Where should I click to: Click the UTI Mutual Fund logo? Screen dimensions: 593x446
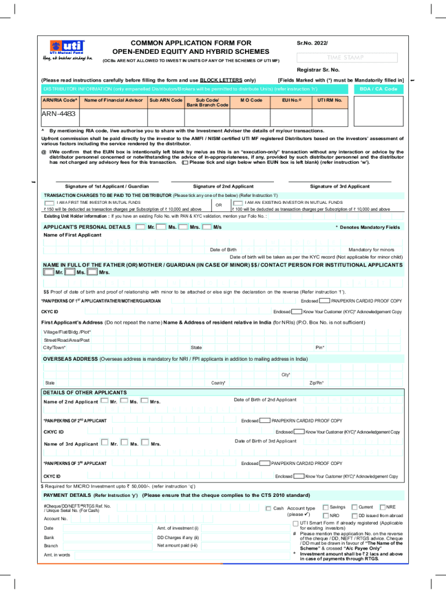pos(68,50)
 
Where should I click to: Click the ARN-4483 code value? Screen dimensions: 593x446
pos(58,114)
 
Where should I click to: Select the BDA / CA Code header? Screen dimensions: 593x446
pos(378,89)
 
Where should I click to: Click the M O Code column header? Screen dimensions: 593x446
pos(251,100)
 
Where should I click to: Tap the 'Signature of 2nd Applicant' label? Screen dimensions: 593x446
pos(223,186)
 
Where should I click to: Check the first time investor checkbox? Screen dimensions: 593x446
pos(50,203)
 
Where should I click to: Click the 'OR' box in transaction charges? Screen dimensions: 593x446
pos(218,206)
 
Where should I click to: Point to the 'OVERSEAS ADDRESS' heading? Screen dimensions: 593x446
pos(71,358)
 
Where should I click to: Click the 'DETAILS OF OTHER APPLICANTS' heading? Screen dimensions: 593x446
pos(77,392)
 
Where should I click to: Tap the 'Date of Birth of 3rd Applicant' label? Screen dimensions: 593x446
pos(265,441)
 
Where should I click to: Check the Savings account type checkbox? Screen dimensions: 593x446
pos(325,507)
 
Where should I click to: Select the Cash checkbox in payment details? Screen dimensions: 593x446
pos(268,508)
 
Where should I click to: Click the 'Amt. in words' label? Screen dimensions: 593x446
pos(57,555)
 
